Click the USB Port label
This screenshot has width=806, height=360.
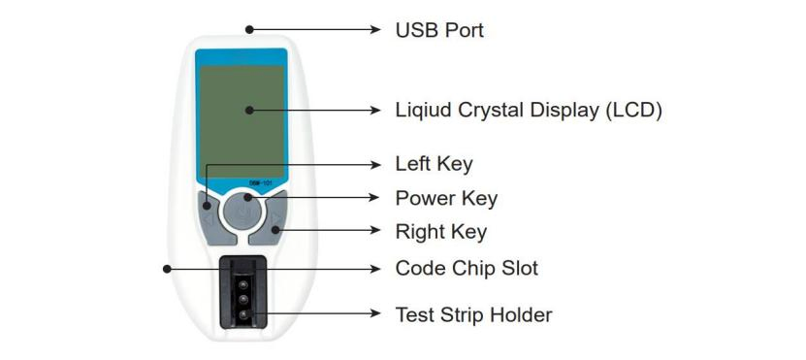pyautogui.click(x=439, y=30)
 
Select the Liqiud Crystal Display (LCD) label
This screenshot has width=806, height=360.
pyautogui.click(x=529, y=110)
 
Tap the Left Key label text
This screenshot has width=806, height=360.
pyautogui.click(x=434, y=164)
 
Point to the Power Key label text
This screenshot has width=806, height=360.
pyautogui.click(x=446, y=199)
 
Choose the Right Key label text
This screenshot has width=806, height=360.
pyautogui.click(x=440, y=232)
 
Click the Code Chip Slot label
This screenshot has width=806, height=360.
pyautogui.click(x=467, y=267)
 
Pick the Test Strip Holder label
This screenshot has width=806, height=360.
pyautogui.click(x=473, y=314)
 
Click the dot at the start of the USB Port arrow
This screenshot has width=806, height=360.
pyautogui.click(x=250, y=29)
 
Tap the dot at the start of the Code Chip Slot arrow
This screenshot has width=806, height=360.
pyautogui.click(x=167, y=267)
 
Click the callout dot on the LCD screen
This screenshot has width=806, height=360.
pyautogui.click(x=249, y=111)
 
